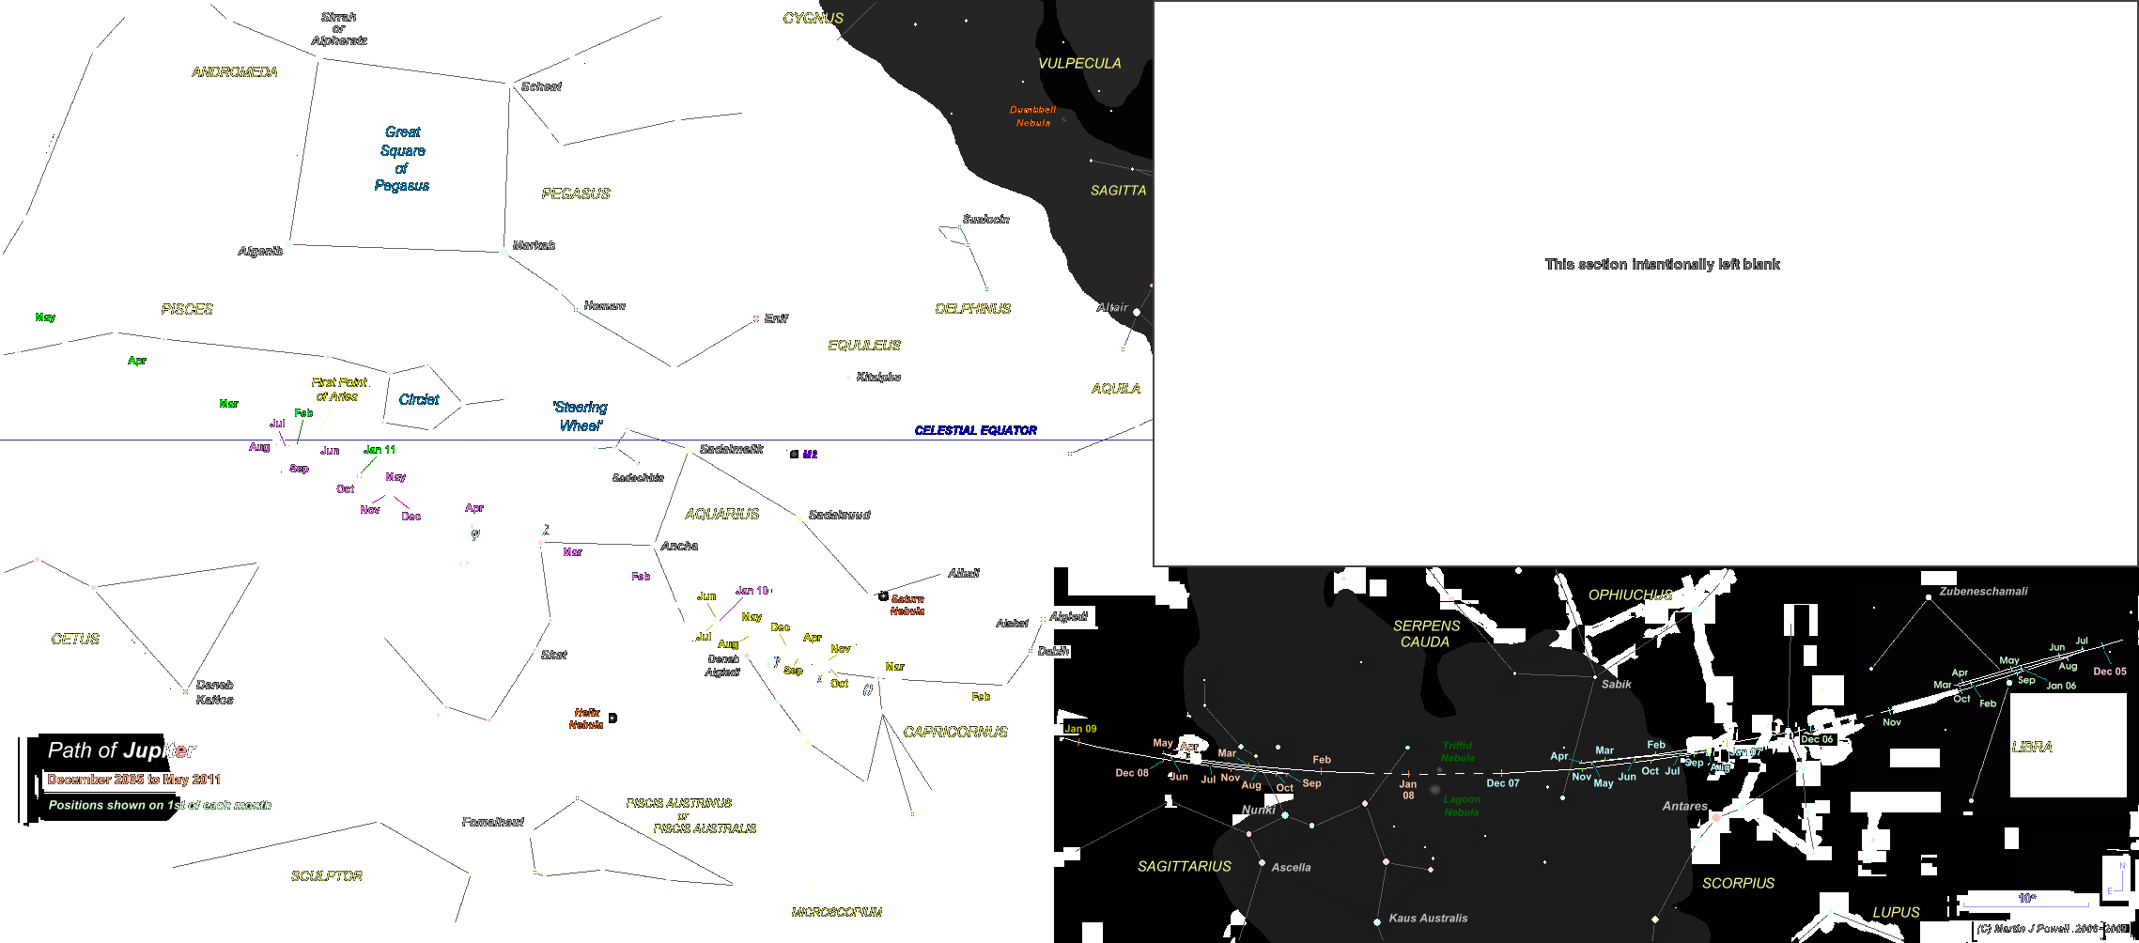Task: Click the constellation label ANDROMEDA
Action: point(235,72)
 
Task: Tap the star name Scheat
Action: point(541,86)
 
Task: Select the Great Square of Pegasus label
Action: point(403,159)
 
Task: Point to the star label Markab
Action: point(534,245)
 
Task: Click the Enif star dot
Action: point(756,319)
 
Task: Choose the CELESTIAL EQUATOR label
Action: point(976,431)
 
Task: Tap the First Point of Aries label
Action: point(338,390)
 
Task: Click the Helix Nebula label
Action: point(586,719)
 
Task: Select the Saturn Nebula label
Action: point(907,605)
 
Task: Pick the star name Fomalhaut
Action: point(492,822)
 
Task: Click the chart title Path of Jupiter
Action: point(122,750)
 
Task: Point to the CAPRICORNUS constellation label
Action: point(955,732)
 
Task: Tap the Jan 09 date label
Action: point(1080,729)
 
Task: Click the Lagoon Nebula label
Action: point(1462,806)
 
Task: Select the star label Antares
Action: point(1684,806)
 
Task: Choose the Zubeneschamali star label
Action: point(1983,592)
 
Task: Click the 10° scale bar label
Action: point(2027,898)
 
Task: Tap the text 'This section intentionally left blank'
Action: point(1662,265)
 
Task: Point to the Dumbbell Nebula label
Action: point(1032,116)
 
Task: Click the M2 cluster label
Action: point(810,455)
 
